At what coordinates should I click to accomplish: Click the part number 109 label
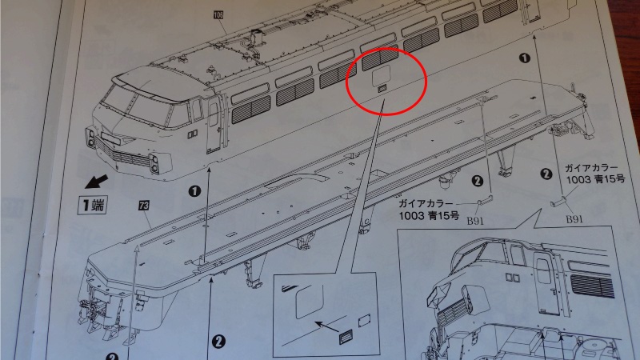pyautogui.click(x=218, y=15)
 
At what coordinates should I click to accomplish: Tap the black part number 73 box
pyautogui.click(x=144, y=206)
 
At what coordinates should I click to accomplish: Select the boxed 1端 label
pyautogui.click(x=93, y=205)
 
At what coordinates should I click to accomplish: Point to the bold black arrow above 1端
pyautogui.click(x=96, y=182)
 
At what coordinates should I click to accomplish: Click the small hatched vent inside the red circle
pyautogui.click(x=383, y=88)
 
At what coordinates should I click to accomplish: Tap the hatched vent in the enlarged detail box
pyautogui.click(x=346, y=337)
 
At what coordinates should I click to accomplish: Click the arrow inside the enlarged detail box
pyautogui.click(x=327, y=326)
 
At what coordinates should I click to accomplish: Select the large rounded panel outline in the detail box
pyautogui.click(x=310, y=301)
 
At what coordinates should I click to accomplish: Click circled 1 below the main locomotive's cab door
pyautogui.click(x=194, y=191)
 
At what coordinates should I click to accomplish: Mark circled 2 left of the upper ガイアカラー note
pyautogui.click(x=546, y=174)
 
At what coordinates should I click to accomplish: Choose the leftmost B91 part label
pyautogui.click(x=475, y=221)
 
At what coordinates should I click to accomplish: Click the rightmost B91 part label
pyautogui.click(x=574, y=219)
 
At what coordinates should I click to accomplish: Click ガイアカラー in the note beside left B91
pyautogui.click(x=426, y=204)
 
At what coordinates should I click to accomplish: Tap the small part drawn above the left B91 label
pyautogui.click(x=485, y=201)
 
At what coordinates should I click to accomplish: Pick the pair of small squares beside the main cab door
pyautogui.click(x=193, y=134)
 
